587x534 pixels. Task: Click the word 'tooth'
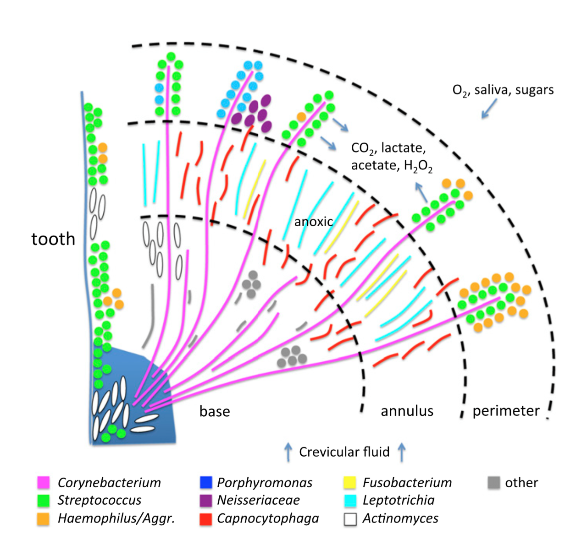tap(53, 239)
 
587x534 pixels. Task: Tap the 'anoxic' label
tap(313, 222)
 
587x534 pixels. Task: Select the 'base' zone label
tap(215, 411)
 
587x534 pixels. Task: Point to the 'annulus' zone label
tap(407, 411)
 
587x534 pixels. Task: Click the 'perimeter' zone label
tap(506, 411)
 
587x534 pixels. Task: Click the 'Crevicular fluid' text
tap(344, 452)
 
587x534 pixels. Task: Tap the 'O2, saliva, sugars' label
tap(503, 90)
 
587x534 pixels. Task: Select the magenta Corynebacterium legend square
tap(44, 483)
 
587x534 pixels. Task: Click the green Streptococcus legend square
tap(44, 501)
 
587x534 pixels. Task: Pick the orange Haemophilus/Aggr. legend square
tap(44, 518)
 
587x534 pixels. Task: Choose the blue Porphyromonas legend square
tap(206, 483)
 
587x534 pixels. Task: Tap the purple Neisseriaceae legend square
tap(206, 501)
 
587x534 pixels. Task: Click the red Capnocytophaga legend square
tap(206, 518)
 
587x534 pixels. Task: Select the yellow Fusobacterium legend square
tap(350, 483)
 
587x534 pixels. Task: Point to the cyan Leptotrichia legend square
tap(350, 501)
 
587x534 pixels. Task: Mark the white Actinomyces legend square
tap(350, 518)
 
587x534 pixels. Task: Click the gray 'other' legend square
tap(494, 483)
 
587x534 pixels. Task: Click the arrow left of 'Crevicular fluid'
tap(288, 452)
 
